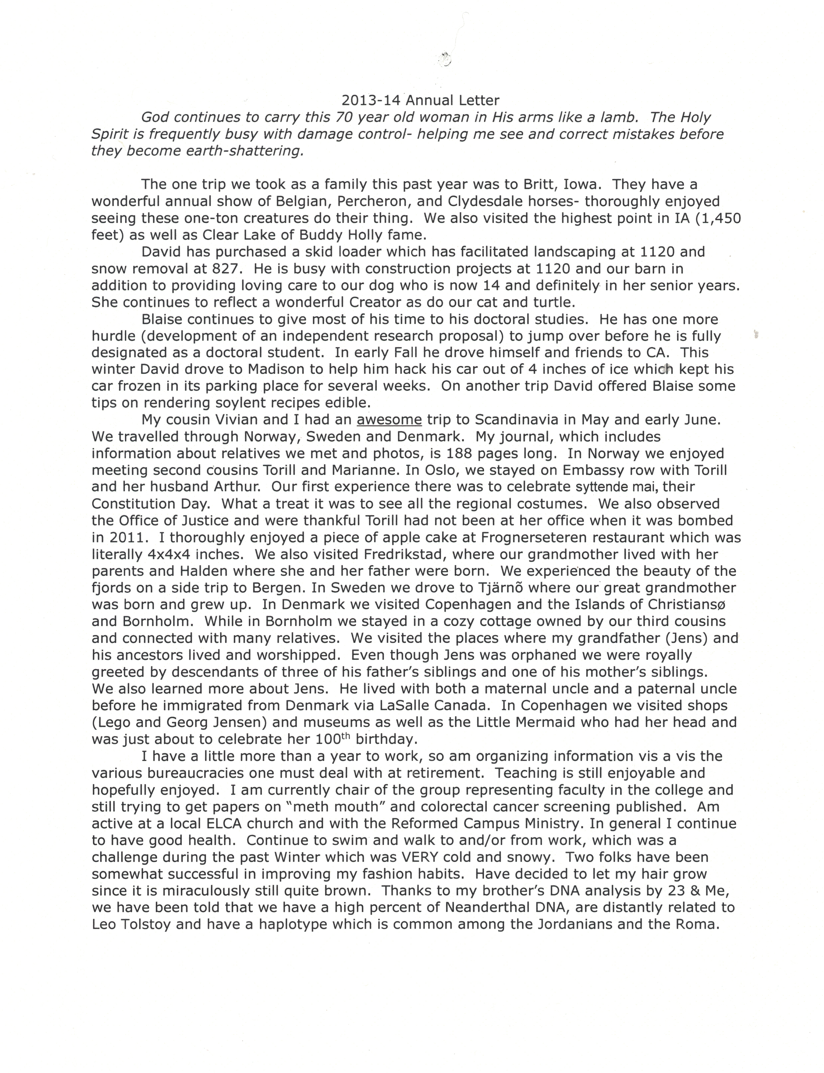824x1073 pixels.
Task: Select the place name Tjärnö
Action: click(516, 588)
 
